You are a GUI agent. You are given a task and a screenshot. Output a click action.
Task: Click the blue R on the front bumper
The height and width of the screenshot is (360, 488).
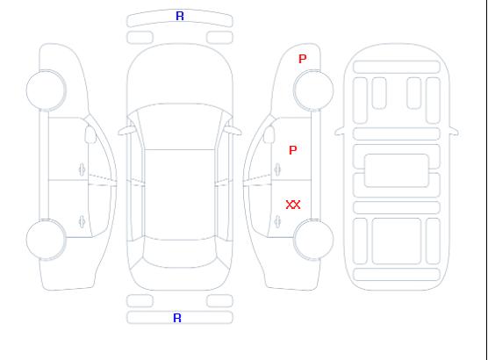click(180, 16)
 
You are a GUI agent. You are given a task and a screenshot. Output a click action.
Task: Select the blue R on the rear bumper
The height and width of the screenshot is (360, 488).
click(177, 318)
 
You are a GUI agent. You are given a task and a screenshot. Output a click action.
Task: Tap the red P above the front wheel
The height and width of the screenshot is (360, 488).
click(303, 59)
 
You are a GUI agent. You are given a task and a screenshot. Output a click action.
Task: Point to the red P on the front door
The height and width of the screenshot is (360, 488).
click(293, 150)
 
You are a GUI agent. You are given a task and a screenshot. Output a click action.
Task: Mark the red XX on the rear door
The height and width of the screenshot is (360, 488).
click(293, 205)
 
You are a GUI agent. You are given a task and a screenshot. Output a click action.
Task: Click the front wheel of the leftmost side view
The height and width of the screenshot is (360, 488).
click(46, 90)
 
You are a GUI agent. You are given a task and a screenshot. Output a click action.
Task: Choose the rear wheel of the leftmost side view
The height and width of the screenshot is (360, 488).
click(46, 240)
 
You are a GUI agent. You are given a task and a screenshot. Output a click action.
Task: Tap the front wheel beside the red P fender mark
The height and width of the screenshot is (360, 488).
click(313, 90)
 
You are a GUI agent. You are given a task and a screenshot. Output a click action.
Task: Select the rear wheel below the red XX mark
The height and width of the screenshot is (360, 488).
click(313, 240)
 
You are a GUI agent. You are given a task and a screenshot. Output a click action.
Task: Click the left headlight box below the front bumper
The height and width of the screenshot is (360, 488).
click(140, 38)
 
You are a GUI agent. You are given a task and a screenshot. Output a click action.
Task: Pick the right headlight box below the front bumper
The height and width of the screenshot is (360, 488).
click(219, 38)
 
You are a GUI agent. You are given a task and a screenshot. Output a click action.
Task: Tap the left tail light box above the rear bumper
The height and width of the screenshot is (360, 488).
click(140, 301)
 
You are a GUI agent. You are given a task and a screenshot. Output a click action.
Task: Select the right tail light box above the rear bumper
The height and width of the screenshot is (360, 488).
click(219, 301)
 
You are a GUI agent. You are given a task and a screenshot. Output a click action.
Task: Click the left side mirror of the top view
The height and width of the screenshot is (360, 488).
click(126, 131)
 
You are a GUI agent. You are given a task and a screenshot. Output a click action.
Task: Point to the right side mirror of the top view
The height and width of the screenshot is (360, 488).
click(234, 131)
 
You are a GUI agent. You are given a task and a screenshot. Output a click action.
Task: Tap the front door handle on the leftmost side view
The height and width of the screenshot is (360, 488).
click(83, 169)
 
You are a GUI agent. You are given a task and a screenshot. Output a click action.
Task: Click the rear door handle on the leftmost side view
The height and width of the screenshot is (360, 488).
click(83, 221)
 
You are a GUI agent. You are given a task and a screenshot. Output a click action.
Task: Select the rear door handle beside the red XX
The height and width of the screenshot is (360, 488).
click(277, 221)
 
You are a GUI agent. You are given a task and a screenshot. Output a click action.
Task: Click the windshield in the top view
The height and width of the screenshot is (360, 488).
click(180, 126)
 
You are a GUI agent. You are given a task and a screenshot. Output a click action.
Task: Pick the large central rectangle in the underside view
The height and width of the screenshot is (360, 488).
click(397, 170)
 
